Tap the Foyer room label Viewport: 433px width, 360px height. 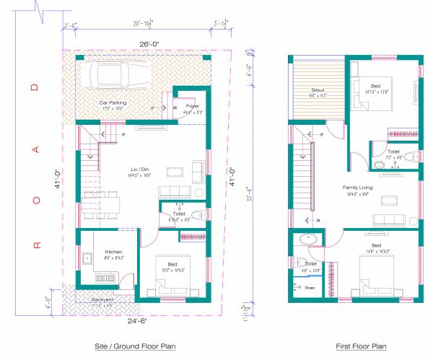191,106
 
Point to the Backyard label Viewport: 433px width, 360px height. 102,299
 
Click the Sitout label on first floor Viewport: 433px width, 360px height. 318,91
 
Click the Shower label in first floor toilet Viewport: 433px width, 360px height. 310,287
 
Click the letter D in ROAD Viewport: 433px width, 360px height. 33,88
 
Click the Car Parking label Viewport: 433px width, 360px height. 113,103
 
